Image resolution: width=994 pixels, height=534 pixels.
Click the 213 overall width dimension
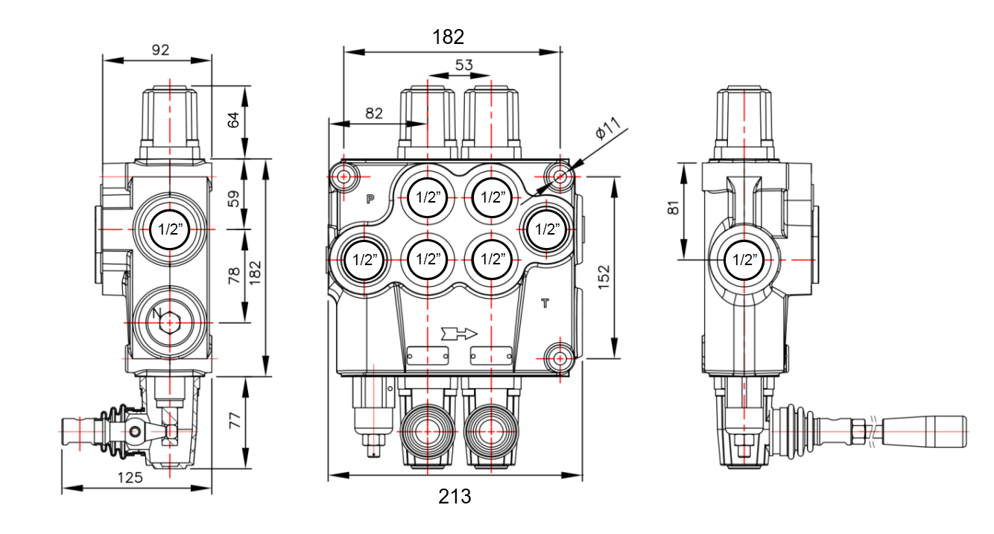click(455, 496)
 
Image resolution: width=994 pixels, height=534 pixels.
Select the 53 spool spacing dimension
click(463, 66)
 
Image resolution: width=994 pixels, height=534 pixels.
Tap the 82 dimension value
click(373, 113)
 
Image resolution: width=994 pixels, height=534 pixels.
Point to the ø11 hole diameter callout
click(608, 128)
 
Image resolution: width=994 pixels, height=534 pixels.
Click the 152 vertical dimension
click(604, 277)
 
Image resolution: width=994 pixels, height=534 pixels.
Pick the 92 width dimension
click(160, 50)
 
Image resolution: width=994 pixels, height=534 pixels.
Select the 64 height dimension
click(233, 120)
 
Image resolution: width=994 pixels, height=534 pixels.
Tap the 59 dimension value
click(233, 199)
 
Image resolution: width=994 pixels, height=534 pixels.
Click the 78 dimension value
click(234, 276)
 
